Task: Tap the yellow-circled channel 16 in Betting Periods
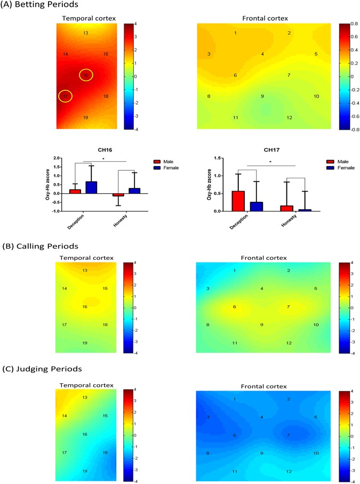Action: (x=86, y=75)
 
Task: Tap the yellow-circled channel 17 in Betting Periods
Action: (x=65, y=97)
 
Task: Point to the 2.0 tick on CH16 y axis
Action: (x=55, y=158)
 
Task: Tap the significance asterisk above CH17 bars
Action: (x=270, y=161)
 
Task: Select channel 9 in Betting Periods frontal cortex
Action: (x=262, y=96)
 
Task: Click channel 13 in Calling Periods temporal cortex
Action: (x=85, y=271)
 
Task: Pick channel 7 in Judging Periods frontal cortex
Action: (x=289, y=435)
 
